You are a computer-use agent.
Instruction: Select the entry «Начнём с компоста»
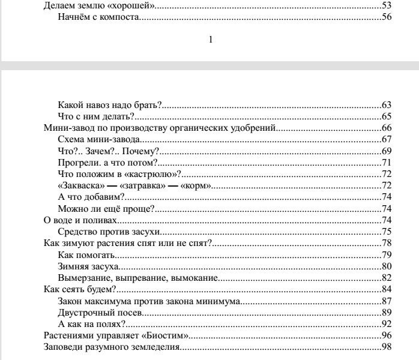(99, 17)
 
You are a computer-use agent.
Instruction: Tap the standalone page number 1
(209, 40)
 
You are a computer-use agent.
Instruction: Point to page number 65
(387, 116)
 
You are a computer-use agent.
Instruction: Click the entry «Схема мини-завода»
(95, 139)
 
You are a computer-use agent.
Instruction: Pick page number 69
(387, 151)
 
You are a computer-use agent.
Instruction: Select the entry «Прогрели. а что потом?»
(107, 162)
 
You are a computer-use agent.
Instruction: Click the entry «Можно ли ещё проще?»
(106, 209)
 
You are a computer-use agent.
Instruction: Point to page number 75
(387, 232)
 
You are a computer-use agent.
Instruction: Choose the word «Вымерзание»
(85, 277)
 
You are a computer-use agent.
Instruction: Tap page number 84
(387, 289)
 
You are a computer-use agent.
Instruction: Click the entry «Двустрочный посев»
(100, 313)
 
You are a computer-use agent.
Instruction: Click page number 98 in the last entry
(387, 347)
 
